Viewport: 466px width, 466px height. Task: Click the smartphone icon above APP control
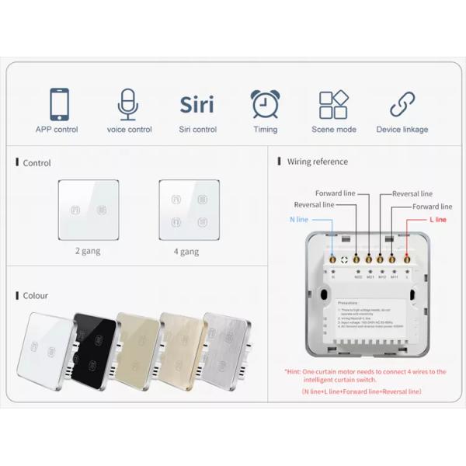tap(57, 104)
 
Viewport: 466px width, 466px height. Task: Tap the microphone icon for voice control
tap(129, 104)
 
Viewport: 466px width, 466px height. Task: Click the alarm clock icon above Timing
tap(265, 104)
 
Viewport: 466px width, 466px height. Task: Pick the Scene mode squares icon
tap(333, 104)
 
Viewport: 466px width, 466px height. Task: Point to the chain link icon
tap(402, 104)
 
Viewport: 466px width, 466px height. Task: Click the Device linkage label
tap(402, 130)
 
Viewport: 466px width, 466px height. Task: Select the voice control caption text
tap(129, 130)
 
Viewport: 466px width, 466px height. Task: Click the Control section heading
tap(37, 163)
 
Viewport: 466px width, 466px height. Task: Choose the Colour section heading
tap(35, 296)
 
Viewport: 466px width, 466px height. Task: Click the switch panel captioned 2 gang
tap(88, 209)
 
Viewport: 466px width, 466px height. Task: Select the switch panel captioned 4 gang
tap(189, 209)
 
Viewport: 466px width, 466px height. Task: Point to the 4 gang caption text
tap(186, 252)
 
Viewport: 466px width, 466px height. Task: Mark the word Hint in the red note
tap(296, 372)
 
